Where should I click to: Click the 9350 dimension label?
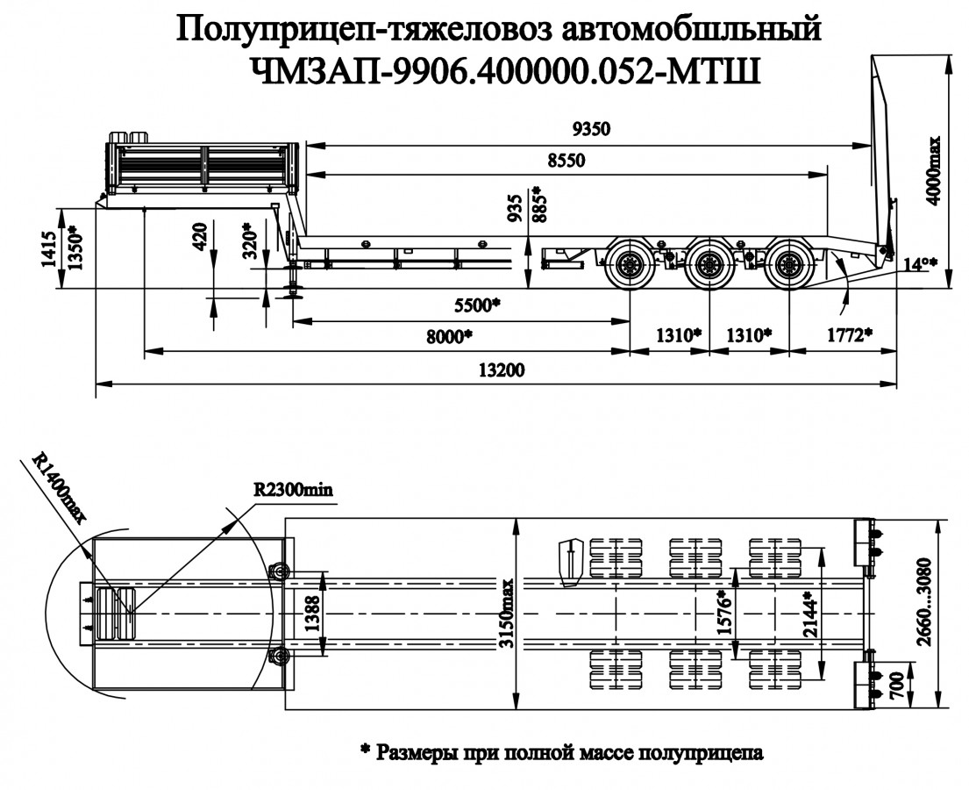589,129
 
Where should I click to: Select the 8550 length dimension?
566,162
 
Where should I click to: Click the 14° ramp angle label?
920,262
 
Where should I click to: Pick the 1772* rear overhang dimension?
850,334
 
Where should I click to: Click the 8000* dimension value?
446,336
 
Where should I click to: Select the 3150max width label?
507,614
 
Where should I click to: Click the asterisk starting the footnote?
365,752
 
